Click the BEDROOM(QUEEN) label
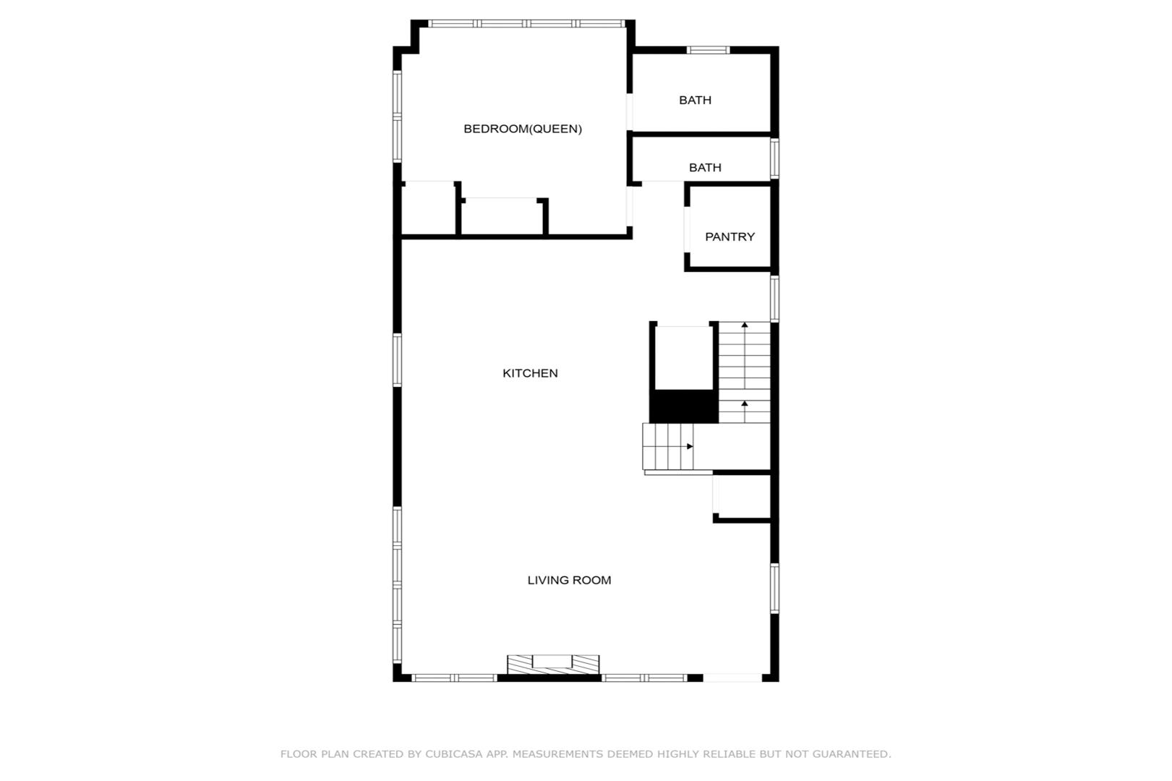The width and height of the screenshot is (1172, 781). click(523, 129)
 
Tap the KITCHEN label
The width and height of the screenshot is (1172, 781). click(530, 373)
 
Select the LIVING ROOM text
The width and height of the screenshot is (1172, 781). click(569, 580)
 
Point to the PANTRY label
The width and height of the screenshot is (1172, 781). click(730, 236)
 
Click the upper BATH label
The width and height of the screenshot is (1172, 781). click(696, 100)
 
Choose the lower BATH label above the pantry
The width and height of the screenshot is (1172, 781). click(705, 168)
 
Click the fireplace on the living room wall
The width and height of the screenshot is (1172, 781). click(554, 665)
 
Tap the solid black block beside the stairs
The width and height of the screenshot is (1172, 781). click(684, 406)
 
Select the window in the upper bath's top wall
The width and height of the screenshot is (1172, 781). click(708, 50)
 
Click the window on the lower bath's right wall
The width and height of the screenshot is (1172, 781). click(775, 158)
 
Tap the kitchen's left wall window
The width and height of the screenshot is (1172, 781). click(397, 360)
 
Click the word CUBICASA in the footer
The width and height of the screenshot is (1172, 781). click(454, 754)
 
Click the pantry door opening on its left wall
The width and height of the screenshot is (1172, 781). click(687, 230)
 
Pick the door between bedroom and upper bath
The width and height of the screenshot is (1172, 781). click(630, 111)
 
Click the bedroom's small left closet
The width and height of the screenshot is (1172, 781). click(428, 208)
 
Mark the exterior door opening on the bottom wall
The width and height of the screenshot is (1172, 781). click(732, 678)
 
